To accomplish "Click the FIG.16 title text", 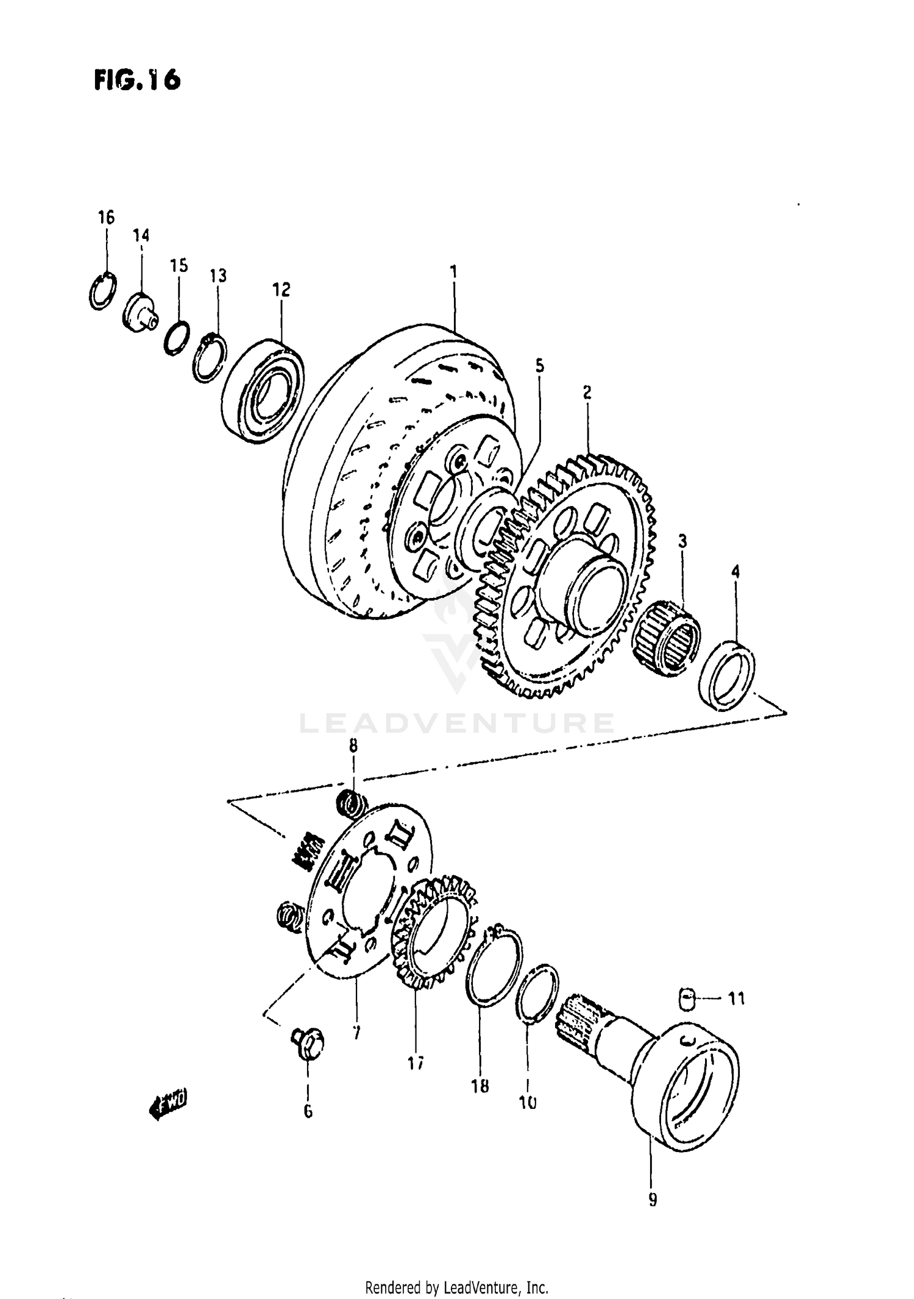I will [138, 80].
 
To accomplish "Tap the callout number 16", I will [106, 217].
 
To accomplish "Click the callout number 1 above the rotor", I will [453, 271].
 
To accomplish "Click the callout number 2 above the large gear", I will [587, 392].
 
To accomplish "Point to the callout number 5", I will [539, 366].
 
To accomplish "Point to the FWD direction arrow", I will [168, 1103].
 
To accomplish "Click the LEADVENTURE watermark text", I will [457, 724].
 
